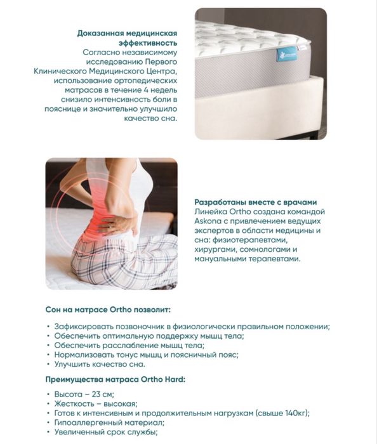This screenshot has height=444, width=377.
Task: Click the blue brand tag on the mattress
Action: [286, 55]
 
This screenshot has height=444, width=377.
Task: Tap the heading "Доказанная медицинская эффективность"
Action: [127, 38]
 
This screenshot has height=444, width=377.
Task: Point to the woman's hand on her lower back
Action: [118, 223]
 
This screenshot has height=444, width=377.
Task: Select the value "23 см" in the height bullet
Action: [96, 394]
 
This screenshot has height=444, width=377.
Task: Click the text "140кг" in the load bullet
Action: [291, 413]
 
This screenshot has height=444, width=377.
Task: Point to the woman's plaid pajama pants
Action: [127, 260]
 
